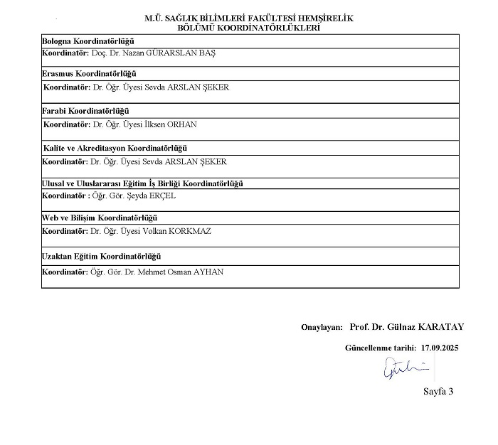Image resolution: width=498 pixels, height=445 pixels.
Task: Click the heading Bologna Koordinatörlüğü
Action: coord(88,41)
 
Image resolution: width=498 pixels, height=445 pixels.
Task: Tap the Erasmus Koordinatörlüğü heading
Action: coord(89,74)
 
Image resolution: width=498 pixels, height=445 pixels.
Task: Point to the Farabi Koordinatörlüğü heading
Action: coord(86,110)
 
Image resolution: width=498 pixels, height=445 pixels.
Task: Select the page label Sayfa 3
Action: coord(438,391)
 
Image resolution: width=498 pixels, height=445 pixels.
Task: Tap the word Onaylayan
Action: coord(322,327)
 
